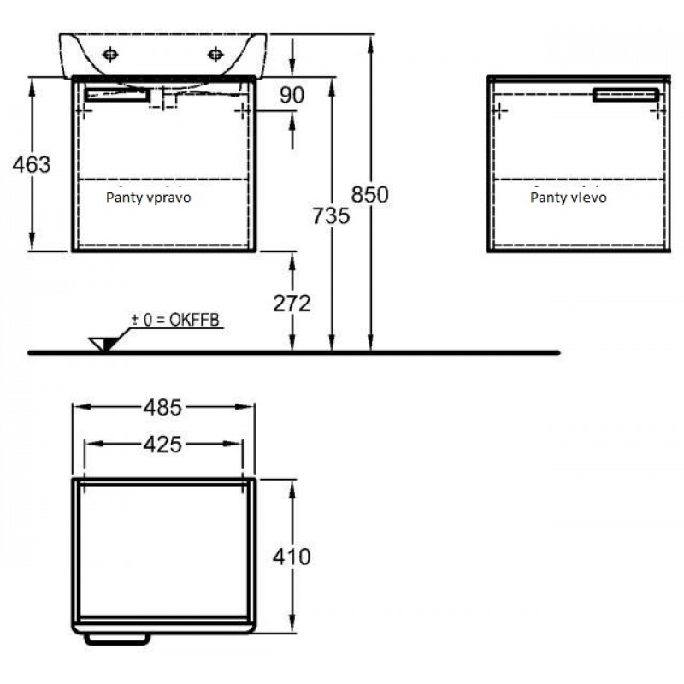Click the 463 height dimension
point(32,164)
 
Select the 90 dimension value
point(292,95)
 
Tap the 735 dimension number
point(331,215)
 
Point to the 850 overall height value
point(370,194)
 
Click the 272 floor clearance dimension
point(292,304)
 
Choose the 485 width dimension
point(162,408)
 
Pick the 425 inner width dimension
point(162,445)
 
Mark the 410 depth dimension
point(292,557)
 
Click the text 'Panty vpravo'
point(148,198)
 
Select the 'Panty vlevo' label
point(569,198)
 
